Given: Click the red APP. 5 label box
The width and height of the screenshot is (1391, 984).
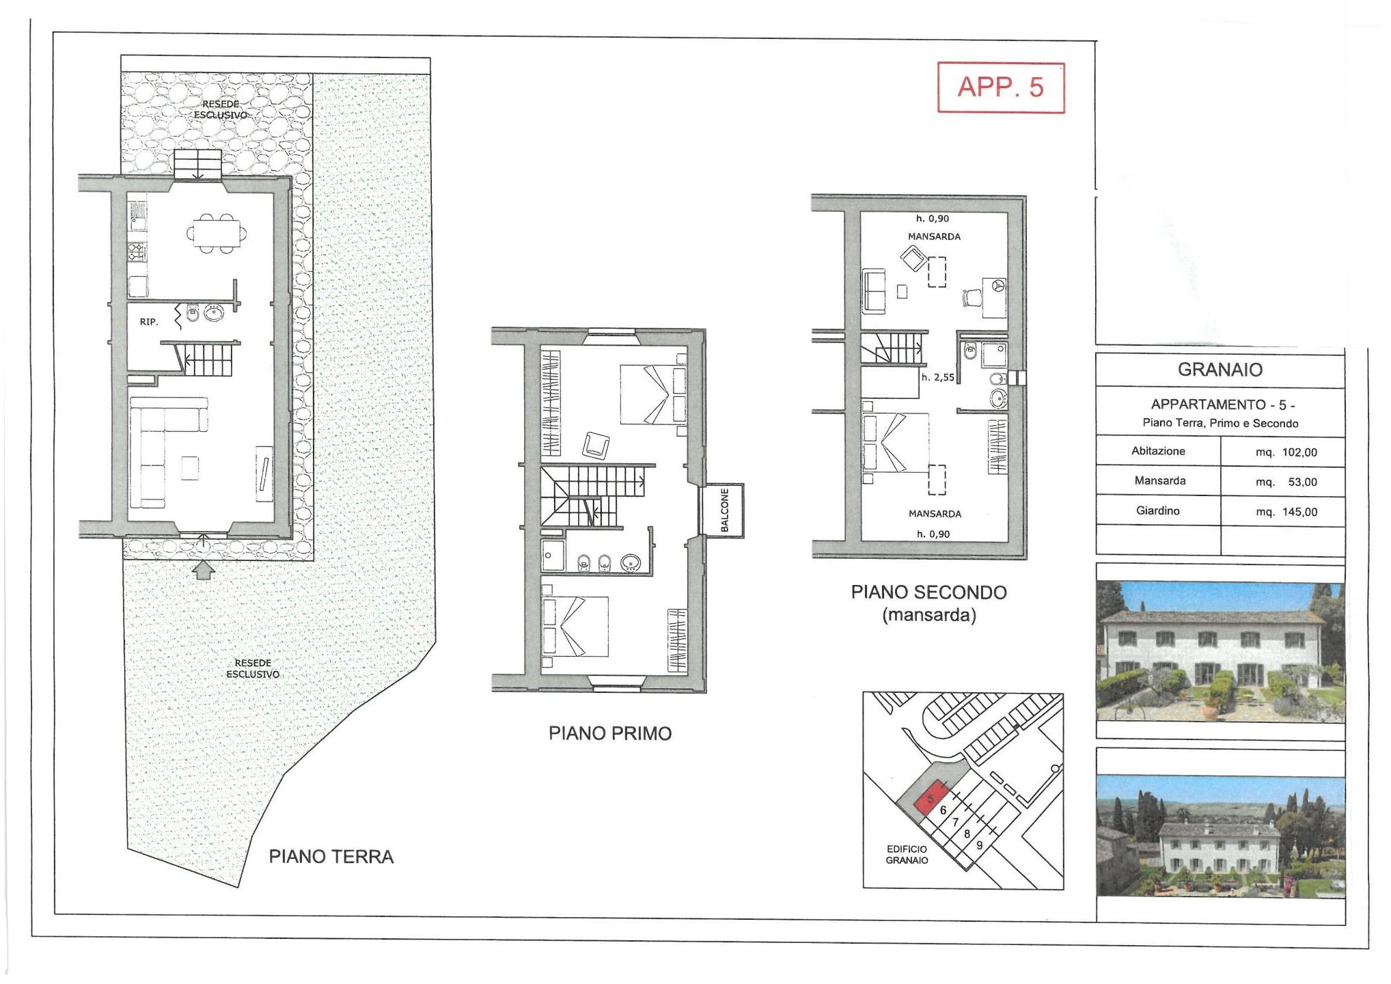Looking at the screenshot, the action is point(1001,87).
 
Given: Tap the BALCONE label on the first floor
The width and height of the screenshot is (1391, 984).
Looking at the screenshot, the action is point(725,510).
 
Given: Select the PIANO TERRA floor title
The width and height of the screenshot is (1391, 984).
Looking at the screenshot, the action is point(331,857).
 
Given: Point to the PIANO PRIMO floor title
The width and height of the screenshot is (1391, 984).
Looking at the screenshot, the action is point(610,734).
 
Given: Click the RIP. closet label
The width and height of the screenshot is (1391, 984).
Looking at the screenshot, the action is point(149,322).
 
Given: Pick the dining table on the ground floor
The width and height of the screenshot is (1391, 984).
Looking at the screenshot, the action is point(217,233).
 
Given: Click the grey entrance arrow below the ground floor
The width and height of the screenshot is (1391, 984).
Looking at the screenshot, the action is point(203,569).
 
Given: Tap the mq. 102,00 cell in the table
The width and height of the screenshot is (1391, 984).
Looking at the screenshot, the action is point(1286,452).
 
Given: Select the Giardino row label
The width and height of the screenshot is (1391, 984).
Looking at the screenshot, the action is point(1158,510).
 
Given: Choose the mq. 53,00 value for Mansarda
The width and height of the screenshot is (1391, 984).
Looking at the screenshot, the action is point(1286,482).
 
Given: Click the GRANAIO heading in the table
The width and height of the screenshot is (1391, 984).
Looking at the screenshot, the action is point(1220,370).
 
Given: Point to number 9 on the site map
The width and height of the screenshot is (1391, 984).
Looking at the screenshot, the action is point(979,845).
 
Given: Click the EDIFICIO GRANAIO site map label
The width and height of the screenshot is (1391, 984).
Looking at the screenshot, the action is point(907,855).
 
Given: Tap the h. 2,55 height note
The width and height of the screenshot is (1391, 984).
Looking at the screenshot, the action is point(937,377).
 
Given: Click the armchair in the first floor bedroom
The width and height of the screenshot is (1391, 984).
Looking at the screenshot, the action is point(595,446).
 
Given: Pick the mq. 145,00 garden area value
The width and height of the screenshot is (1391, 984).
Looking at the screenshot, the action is point(1286,512).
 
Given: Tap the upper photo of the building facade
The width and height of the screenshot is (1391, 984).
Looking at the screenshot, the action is point(1220,652).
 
